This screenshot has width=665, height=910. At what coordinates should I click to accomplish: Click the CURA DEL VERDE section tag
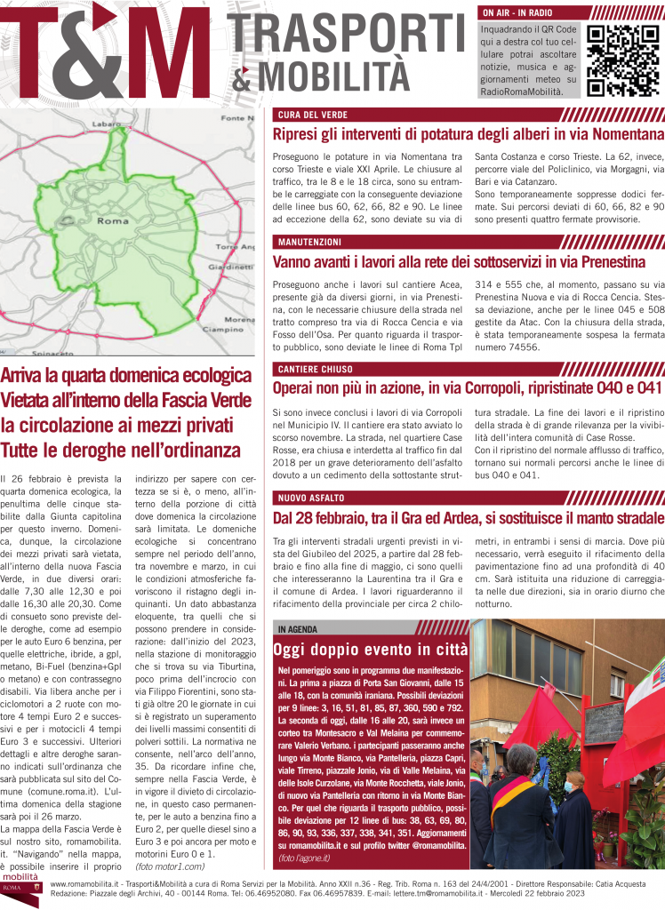click(x=311, y=116)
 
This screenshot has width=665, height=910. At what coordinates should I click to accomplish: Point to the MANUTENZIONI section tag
click(x=313, y=242)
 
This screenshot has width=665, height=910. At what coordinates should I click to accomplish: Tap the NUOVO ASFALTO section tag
click(x=314, y=497)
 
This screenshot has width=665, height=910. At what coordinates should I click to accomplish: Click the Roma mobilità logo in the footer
click(x=20, y=890)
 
